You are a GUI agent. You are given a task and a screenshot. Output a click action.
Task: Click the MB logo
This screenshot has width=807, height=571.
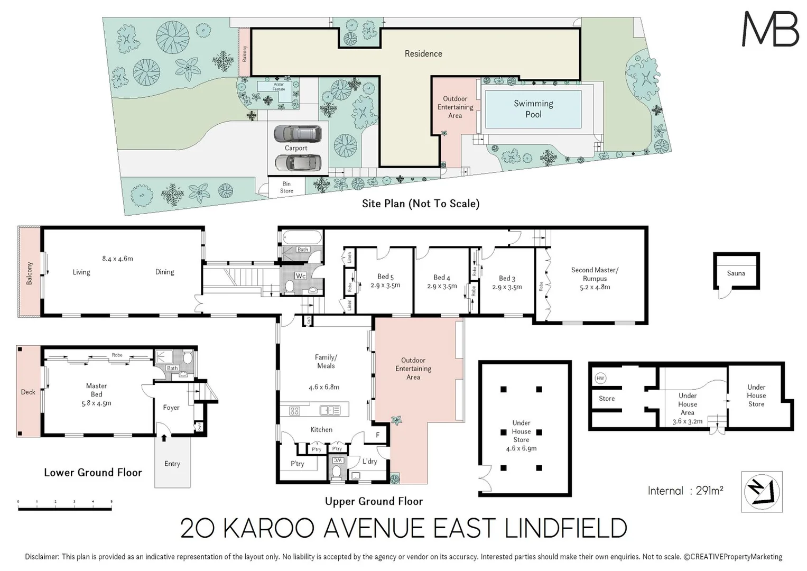[770, 30]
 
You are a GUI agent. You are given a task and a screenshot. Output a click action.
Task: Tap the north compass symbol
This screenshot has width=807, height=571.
[761, 492]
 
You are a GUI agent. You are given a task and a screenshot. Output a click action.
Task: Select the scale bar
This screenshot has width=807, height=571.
[64, 508]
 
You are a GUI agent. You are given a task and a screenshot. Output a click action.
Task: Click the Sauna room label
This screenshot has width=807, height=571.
[736, 273]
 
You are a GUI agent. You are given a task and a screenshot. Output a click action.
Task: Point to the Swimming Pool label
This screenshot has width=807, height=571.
[533, 109]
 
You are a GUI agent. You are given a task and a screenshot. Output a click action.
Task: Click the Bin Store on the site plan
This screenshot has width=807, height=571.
[286, 187]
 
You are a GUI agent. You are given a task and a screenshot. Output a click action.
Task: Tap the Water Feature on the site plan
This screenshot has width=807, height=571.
[279, 87]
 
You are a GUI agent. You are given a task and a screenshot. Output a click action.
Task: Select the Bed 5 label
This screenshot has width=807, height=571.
[385, 277]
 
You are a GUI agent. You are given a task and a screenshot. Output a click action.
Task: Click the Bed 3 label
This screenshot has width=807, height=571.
[507, 278]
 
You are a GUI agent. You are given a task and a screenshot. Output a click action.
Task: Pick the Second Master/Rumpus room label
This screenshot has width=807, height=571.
[595, 274]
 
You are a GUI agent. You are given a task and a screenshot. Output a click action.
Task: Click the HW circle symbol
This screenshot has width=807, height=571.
[600, 378]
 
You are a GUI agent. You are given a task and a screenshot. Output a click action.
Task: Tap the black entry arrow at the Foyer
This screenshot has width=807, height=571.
[164, 437]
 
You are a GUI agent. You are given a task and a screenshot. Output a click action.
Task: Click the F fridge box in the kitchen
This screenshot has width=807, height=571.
[377, 435]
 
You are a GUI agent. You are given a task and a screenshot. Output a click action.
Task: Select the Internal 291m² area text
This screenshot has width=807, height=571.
[685, 491]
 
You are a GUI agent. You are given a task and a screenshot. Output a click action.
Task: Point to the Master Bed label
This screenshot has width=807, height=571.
[96, 390]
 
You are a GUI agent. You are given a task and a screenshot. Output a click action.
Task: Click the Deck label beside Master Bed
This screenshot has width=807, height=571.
[28, 392]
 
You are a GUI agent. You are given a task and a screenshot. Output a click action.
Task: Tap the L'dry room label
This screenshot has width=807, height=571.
[369, 461]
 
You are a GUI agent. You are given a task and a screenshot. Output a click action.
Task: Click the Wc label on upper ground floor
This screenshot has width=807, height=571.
[300, 276]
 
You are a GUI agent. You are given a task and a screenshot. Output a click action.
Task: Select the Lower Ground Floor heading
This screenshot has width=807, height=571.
[93, 473]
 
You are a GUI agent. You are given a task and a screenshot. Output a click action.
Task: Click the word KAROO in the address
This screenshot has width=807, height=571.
[269, 528]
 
